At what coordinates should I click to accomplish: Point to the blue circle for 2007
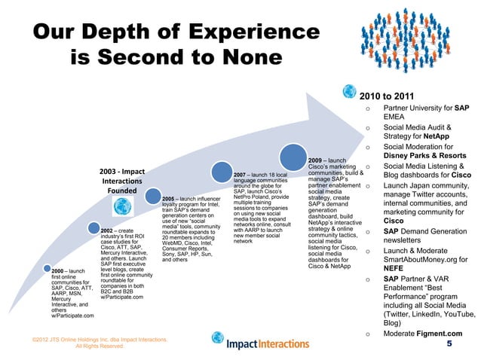[x=222, y=165]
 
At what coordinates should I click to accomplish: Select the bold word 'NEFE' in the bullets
[x=396, y=269]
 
